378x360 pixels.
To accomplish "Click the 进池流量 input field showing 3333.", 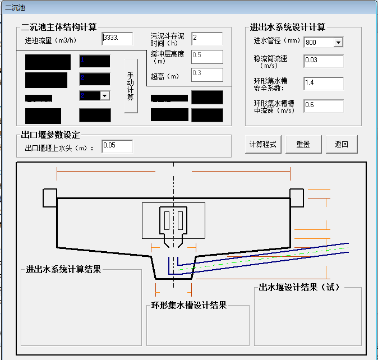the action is [117, 39].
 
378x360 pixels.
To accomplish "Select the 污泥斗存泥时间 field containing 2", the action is [206, 39].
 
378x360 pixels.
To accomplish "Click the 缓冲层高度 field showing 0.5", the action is [206, 56].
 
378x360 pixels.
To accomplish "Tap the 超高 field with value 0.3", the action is [206, 74].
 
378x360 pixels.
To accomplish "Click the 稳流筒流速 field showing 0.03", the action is [323, 61].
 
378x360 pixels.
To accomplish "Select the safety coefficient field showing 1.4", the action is [323, 84].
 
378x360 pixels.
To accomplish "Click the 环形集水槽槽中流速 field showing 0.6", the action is [323, 105].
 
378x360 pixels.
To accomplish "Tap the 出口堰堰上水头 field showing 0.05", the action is [117, 146].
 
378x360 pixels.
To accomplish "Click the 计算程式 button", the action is [263, 144].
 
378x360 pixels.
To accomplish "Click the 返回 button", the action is [342, 144].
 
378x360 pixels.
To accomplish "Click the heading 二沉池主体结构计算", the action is [59, 27].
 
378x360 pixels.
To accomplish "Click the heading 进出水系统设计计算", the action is [288, 27].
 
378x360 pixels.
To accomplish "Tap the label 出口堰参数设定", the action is [50, 135].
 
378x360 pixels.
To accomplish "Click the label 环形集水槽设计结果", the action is [189, 306].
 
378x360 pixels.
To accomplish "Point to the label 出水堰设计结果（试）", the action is [299, 288].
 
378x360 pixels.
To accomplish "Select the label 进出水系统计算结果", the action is [63, 269].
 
